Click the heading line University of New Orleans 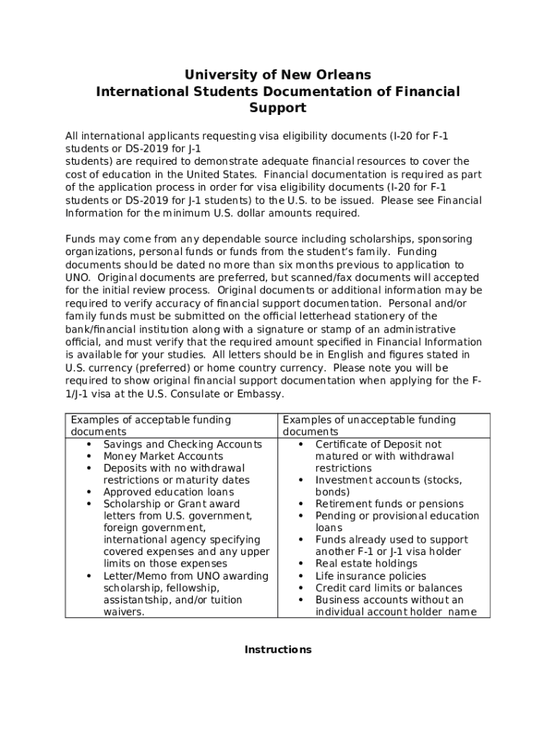(x=278, y=75)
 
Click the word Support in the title (x=278, y=108)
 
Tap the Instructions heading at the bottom (x=278, y=650)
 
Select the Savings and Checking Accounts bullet (x=183, y=444)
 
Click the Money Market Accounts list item (x=163, y=456)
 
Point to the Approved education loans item (x=169, y=492)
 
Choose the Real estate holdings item (x=366, y=564)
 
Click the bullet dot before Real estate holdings (x=300, y=564)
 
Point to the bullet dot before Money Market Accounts (x=88, y=456)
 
